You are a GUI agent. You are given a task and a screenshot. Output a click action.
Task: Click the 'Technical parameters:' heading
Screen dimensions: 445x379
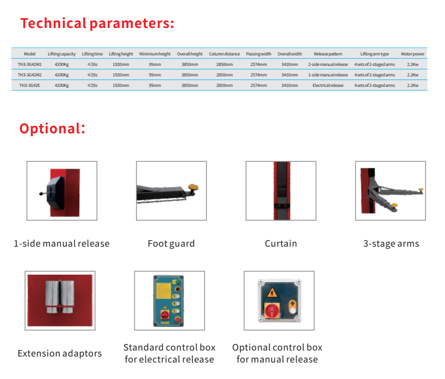[97, 23]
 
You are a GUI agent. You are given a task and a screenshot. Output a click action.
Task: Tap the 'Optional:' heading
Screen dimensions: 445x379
[52, 128]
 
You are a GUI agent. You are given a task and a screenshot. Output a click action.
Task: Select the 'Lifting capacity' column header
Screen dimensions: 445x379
[61, 54]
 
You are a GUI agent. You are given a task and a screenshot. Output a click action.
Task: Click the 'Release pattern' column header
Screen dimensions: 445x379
[328, 54]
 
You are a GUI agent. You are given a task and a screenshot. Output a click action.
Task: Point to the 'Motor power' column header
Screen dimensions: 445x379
[412, 54]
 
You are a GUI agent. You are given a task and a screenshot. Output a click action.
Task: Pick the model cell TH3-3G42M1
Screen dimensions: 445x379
[29, 64]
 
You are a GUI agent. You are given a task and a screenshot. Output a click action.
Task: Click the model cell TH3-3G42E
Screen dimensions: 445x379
[29, 85]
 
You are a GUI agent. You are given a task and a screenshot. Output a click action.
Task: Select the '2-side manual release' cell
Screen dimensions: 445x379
[328, 64]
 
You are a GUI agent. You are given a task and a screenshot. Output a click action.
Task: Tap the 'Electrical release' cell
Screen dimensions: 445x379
[328, 85]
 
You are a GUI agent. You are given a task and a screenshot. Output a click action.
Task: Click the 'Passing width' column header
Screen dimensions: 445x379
[258, 54]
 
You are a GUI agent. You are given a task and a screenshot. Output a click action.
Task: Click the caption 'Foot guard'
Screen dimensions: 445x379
[171, 244]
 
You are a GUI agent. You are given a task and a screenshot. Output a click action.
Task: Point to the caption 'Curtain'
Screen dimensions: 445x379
[280, 244]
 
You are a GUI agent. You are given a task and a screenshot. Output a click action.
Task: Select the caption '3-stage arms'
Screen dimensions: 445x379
[391, 244]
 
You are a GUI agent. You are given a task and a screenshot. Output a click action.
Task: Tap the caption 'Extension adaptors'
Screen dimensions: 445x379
[59, 354]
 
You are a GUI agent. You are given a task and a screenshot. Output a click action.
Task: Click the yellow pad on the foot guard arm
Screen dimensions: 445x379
[193, 187]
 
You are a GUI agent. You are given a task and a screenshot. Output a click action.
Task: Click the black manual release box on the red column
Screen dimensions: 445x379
[55, 192]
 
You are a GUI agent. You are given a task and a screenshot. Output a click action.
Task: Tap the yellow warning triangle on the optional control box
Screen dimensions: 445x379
[272, 292]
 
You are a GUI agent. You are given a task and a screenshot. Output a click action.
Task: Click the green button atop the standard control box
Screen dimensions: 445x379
[177, 282]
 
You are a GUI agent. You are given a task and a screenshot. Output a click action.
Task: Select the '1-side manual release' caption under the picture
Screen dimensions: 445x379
[61, 244]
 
